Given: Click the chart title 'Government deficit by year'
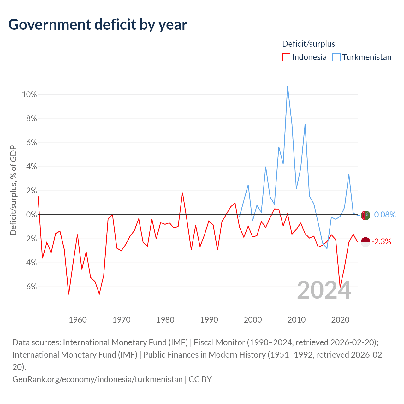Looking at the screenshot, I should pyautogui.click(x=98, y=25).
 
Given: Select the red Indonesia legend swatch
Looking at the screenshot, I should pyautogui.click(x=286, y=57).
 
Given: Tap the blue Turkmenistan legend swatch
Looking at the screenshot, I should pyautogui.click(x=336, y=57).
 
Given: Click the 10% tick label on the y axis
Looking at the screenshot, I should pyautogui.click(x=29, y=94).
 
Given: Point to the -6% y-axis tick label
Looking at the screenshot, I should pyautogui.click(x=30, y=287).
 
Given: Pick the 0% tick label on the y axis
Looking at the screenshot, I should pyautogui.click(x=31, y=215).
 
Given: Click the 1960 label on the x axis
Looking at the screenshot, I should pyautogui.click(x=78, y=320).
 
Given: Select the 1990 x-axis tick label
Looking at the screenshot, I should pyautogui.click(x=209, y=320).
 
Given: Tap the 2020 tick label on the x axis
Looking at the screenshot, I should pyautogui.click(x=340, y=320).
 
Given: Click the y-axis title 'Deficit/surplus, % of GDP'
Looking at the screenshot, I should pyautogui.click(x=13, y=190).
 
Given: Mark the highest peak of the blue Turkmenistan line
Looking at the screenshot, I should pyautogui.click(x=288, y=86).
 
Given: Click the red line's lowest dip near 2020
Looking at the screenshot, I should pyautogui.click(x=340, y=287).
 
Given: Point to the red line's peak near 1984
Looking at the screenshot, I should pyautogui.click(x=182, y=193).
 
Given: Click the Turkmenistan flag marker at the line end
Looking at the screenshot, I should pyautogui.click(x=365, y=215).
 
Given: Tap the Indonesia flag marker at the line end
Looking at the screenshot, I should pyautogui.click(x=365, y=242).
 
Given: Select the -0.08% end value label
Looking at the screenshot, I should pyautogui.click(x=383, y=215).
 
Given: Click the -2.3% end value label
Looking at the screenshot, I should pyautogui.click(x=381, y=242).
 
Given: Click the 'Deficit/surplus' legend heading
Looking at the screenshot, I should pyautogui.click(x=308, y=44).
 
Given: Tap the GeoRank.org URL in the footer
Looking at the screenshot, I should pyautogui.click(x=98, y=379).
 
